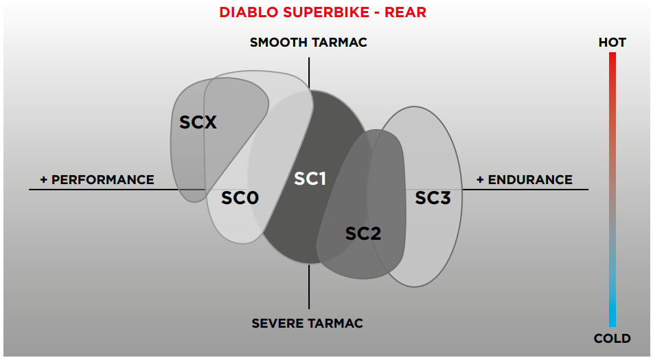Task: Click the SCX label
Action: [198, 123]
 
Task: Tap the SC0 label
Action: [240, 199]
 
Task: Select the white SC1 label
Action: [310, 179]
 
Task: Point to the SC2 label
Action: [363, 234]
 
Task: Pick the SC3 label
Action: [433, 199]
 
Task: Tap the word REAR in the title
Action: [406, 13]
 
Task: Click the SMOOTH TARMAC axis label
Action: [308, 43]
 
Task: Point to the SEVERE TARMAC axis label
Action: [307, 323]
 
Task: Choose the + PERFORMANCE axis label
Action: [97, 180]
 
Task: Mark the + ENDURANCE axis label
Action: [525, 180]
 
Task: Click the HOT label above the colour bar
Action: [612, 43]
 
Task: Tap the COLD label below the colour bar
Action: [612, 338]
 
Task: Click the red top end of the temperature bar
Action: [612, 58]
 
